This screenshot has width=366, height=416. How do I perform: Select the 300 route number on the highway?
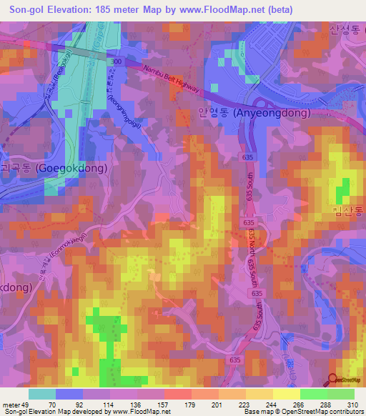click(x=117, y=63)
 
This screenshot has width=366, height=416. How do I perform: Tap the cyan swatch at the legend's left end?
click(x=42, y=394)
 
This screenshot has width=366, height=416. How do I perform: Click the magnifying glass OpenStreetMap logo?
click(x=333, y=380)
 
